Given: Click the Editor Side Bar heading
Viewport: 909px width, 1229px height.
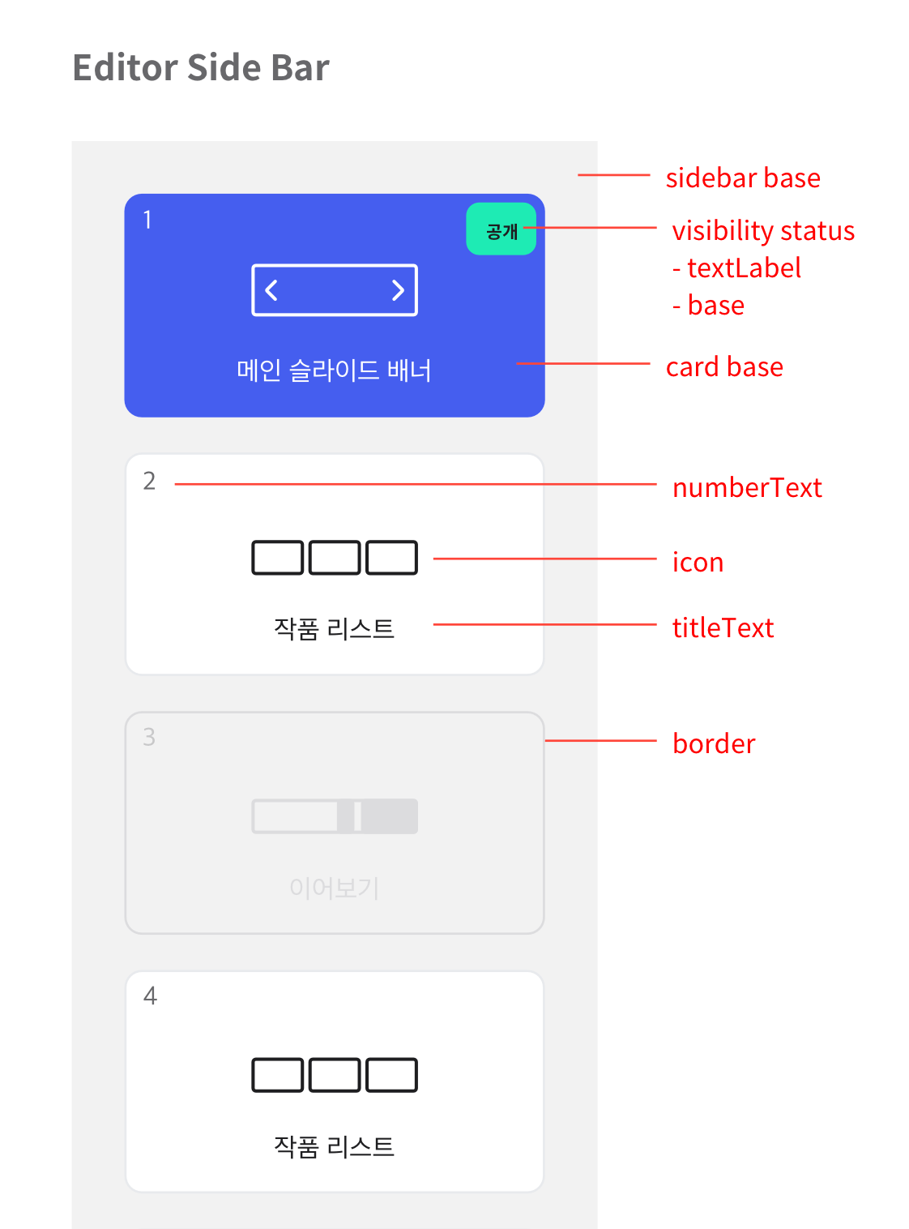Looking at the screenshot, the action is pos(200,67).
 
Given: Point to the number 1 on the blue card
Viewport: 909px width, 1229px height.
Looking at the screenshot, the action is pos(147,219).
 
